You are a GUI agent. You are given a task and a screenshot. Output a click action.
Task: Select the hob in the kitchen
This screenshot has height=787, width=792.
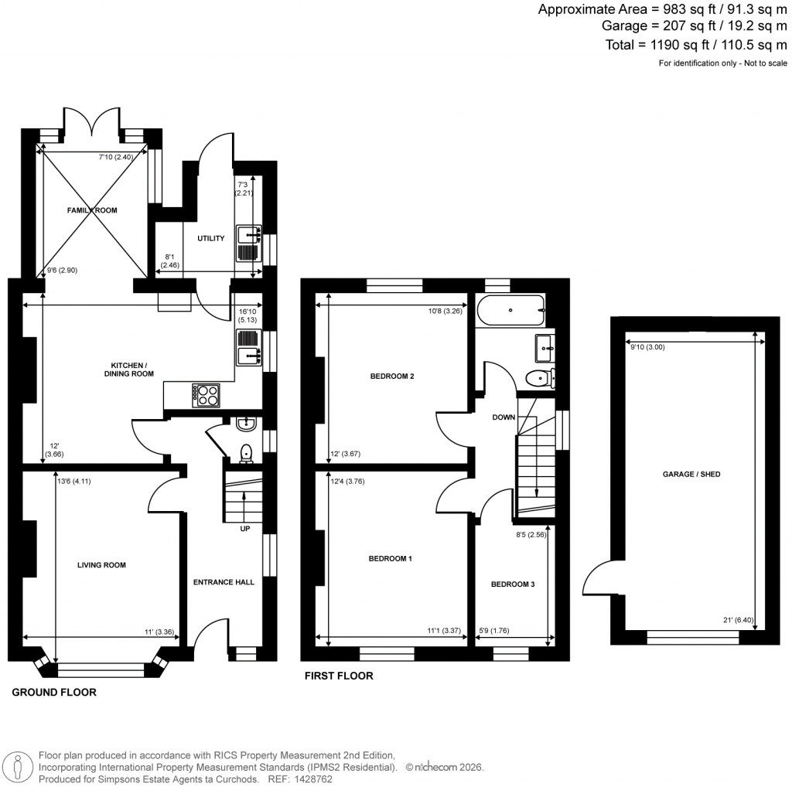click(207, 395)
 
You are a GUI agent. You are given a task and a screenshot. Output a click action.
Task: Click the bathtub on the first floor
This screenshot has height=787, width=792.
click(510, 310)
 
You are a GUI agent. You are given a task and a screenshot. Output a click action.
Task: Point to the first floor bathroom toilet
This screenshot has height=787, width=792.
click(538, 378)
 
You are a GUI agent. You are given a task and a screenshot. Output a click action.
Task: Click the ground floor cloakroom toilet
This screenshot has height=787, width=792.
click(246, 452)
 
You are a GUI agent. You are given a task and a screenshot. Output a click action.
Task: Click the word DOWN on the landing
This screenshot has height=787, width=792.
click(504, 417)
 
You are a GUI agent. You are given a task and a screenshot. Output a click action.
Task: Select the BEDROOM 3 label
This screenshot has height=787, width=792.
click(513, 584)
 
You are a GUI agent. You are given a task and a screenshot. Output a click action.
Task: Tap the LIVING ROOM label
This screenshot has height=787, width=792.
click(101, 565)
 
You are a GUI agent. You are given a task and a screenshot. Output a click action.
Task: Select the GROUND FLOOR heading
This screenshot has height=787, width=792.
click(54, 693)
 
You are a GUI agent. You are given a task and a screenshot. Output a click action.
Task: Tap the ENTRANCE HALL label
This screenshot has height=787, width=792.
click(224, 582)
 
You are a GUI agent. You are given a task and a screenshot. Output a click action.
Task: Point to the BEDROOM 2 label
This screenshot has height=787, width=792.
click(392, 376)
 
